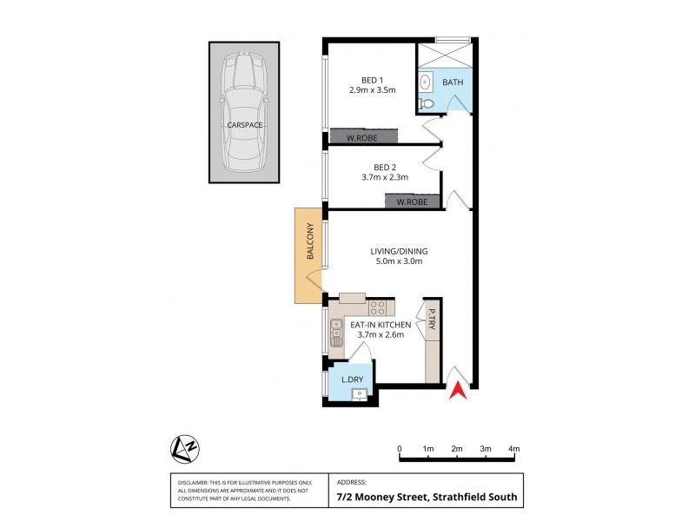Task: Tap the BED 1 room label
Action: point(372,77)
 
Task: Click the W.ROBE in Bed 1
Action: point(364,135)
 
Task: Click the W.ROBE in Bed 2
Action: point(413,201)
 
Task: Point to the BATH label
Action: point(453,82)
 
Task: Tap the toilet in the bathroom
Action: point(425,103)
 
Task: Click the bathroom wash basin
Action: point(426,82)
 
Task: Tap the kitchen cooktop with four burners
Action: point(377,307)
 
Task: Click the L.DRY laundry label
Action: point(352,380)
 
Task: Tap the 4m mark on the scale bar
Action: point(514,449)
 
